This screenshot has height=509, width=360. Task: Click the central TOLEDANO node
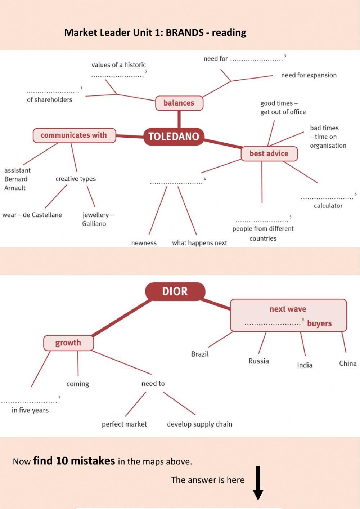174,137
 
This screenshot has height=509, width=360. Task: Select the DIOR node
175,291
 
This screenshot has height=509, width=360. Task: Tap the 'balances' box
179,103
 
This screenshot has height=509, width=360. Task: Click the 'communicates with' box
74,135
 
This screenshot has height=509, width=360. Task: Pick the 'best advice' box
269,153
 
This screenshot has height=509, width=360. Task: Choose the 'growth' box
68,343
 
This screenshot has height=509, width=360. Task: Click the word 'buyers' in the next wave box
319,323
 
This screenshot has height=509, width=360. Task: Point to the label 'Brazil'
200,354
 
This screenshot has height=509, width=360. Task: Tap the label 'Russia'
259,361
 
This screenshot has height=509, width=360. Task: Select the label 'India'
305,365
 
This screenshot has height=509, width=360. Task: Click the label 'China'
348,363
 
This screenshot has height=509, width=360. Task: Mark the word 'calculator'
328,206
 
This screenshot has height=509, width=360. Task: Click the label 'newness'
144,243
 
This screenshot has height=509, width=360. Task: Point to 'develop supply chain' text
200,424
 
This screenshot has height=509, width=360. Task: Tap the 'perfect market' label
124,424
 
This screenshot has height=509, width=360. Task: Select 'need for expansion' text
309,75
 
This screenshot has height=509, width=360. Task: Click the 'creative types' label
76,179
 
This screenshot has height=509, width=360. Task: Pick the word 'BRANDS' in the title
185,32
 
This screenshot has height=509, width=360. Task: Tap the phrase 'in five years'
30,410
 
